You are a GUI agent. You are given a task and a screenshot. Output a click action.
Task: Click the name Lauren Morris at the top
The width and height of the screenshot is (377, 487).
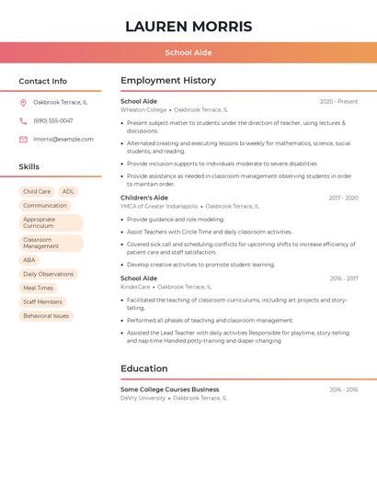click(x=188, y=27)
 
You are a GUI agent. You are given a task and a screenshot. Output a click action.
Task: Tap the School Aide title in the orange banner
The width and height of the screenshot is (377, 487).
click(x=188, y=52)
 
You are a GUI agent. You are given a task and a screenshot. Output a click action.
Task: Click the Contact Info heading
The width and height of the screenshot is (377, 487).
click(x=42, y=81)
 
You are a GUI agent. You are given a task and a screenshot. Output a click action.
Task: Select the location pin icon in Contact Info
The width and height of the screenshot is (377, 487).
click(x=23, y=102)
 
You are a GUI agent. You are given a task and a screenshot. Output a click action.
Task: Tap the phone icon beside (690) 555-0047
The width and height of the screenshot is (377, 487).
click(x=23, y=120)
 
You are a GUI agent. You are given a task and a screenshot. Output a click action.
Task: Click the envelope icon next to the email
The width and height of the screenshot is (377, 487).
click(x=23, y=140)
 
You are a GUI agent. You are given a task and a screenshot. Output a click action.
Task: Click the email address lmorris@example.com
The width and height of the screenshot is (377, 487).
click(x=63, y=140)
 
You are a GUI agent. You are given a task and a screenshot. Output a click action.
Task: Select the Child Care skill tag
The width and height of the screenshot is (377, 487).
click(x=37, y=192)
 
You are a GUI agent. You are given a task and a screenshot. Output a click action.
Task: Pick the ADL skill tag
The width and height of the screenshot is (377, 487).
click(x=68, y=192)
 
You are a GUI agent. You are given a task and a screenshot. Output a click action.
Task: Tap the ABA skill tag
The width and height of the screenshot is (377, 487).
click(x=29, y=260)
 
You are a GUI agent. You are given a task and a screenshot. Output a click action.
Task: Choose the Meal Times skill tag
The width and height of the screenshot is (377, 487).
click(x=38, y=288)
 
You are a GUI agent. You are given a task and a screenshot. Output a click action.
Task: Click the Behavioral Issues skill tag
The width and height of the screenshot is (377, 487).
click(x=46, y=315)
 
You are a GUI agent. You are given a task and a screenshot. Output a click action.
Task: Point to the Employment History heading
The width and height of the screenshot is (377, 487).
click(x=168, y=81)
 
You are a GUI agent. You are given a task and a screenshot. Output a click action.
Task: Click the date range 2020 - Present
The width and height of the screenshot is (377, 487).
click(x=338, y=101)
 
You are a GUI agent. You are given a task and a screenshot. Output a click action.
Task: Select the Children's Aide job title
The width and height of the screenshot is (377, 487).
click(x=144, y=198)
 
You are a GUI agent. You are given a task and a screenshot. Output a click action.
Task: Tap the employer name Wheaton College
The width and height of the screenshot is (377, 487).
click(x=143, y=109)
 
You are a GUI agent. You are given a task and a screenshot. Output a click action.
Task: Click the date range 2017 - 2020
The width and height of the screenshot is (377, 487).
click(x=343, y=198)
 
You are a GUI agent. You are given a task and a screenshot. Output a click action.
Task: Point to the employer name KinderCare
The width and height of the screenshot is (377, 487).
click(x=135, y=287)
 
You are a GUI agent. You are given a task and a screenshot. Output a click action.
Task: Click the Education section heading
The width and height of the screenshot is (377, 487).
click(x=144, y=368)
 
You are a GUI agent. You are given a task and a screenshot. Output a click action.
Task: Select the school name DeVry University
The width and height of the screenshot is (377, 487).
click(x=143, y=398)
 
